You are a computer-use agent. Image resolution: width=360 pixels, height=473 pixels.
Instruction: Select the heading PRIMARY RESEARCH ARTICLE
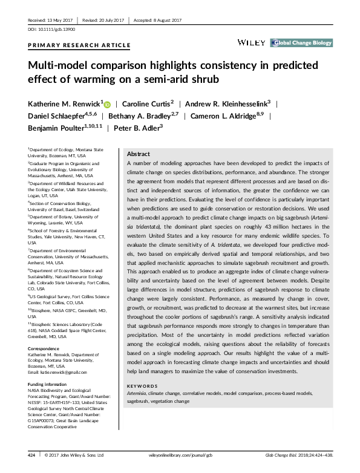79,45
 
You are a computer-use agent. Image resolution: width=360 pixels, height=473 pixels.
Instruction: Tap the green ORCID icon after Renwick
108,103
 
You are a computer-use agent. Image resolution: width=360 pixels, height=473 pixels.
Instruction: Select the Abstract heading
139,154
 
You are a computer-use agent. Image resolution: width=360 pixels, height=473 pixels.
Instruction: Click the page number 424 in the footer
31,454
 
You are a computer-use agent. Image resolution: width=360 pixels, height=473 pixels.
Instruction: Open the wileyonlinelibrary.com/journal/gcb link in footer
180,454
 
